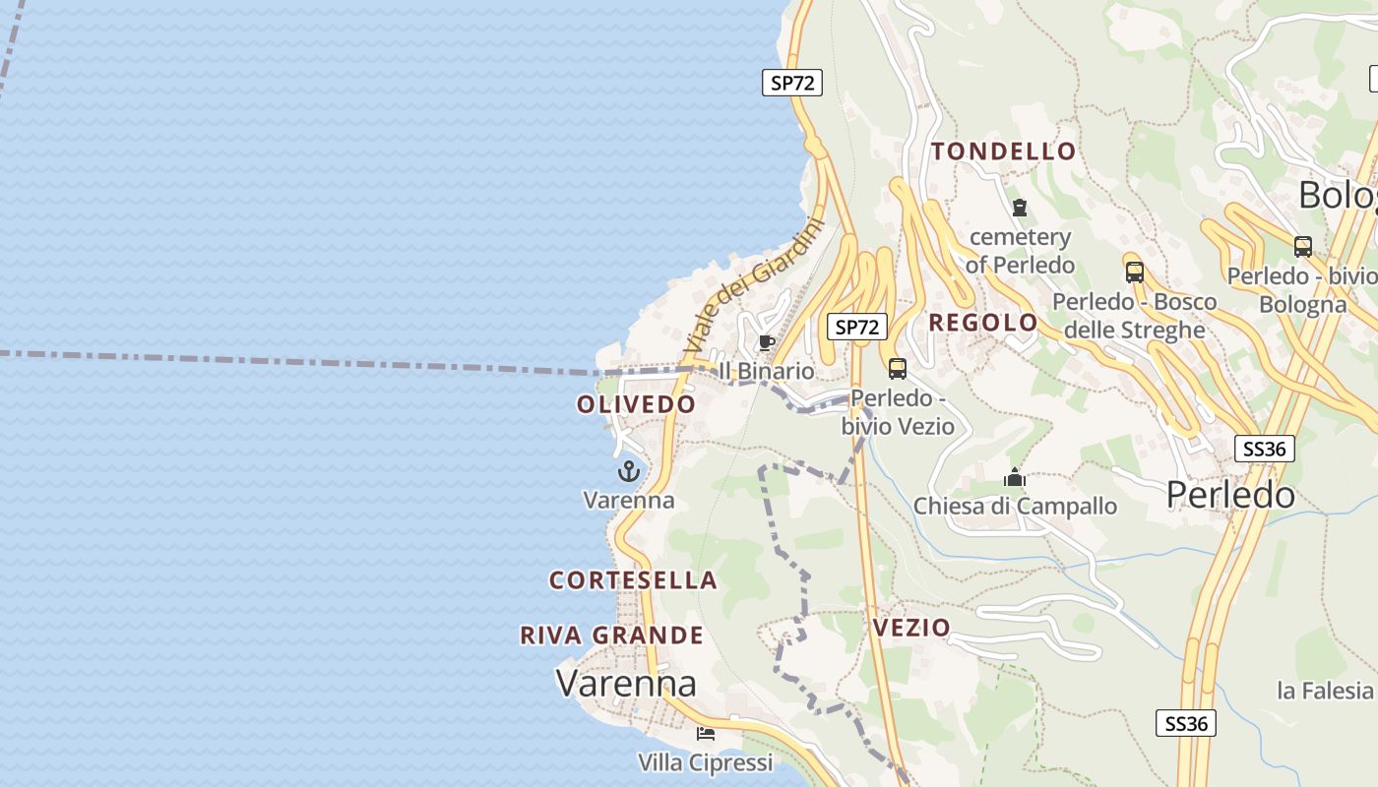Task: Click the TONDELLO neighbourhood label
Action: tap(1003, 151)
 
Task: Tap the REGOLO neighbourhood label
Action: tap(982, 323)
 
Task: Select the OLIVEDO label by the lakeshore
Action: tap(636, 404)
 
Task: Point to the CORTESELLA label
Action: tap(633, 580)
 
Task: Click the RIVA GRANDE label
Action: tap(611, 636)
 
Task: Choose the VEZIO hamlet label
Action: tap(911, 628)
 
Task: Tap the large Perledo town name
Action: tap(1230, 495)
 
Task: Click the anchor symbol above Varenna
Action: tap(628, 472)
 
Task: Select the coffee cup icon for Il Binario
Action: tap(766, 342)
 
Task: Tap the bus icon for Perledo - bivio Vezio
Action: tap(897, 369)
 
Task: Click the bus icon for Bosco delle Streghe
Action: tap(1134, 272)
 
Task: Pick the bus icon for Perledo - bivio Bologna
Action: tap(1302, 247)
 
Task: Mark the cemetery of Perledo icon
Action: tap(1019, 209)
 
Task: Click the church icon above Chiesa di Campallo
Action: tap(1015, 478)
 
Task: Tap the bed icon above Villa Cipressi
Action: tap(705, 733)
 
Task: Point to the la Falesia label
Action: tap(1324, 691)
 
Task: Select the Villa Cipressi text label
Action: tap(705, 762)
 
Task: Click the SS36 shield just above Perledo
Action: tap(1264, 450)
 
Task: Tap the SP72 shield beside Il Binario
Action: tap(856, 327)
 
